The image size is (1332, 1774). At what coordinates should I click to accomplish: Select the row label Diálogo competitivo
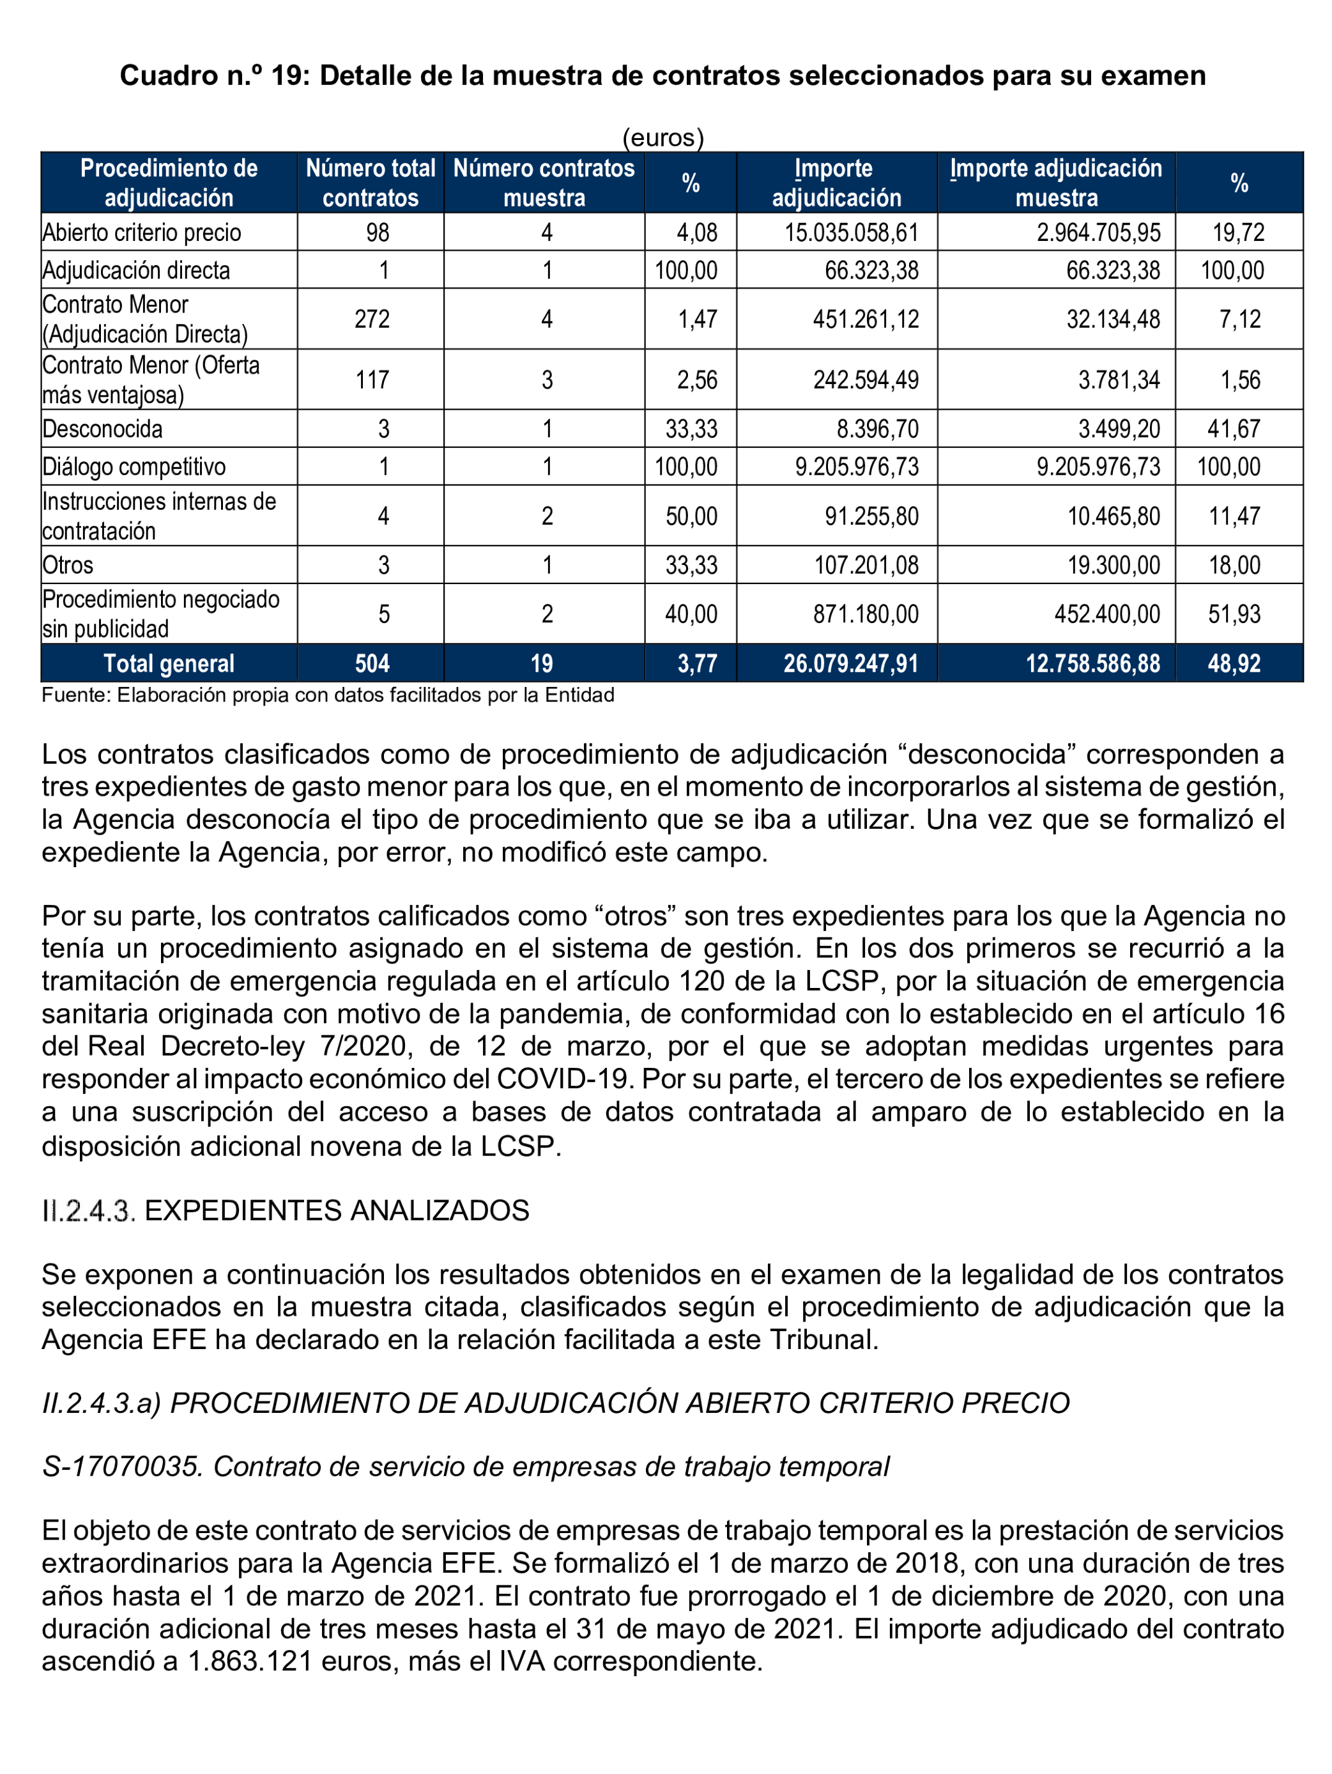pos(134,467)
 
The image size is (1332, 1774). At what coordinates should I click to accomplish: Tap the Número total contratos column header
pos(370,183)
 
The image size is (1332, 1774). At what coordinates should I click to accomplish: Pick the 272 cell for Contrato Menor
pos(372,319)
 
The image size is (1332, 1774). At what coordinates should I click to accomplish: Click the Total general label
pos(169,663)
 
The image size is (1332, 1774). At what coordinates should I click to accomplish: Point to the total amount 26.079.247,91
pos(850,663)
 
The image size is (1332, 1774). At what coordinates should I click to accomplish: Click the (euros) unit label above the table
pos(662,138)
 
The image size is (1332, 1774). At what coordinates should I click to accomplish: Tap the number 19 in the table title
pos(286,75)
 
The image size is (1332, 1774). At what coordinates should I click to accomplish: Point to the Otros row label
pos(68,566)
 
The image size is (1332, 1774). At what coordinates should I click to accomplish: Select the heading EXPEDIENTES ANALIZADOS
pos(337,1210)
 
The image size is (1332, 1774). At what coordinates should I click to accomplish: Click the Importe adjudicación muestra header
pos(1055,183)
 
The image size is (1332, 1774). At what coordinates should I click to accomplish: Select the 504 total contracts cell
pos(372,663)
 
